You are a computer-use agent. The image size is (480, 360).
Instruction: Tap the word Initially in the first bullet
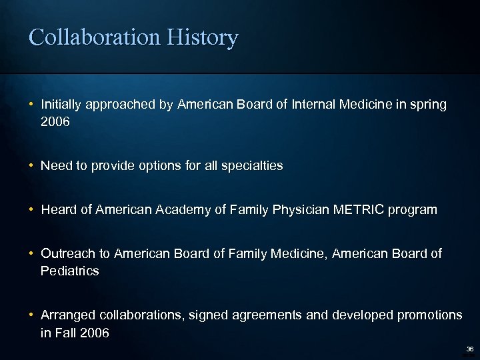[61, 105]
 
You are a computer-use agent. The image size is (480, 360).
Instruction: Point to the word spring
[428, 105]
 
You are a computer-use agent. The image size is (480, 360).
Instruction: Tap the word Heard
[58, 210]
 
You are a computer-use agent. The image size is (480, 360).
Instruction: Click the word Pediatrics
[70, 271]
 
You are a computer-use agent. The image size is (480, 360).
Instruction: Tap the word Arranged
[67, 315]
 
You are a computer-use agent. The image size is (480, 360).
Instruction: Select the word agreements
[295, 315]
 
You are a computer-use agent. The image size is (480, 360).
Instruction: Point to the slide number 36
[469, 349]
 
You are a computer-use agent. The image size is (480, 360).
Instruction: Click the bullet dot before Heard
[32, 210]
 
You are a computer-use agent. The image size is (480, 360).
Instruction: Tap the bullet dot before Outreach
[32, 253]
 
